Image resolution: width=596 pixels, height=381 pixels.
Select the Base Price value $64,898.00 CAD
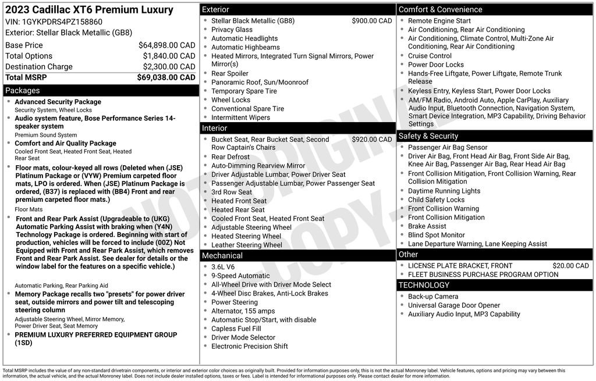(166, 45)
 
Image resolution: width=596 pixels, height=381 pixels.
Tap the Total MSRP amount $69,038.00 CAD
(166, 77)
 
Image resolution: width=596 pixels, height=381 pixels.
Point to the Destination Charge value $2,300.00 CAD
(169, 66)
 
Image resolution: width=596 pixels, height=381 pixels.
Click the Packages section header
(23, 91)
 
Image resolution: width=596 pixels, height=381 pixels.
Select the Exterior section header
(215, 9)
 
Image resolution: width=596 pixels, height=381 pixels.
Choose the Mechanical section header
(222, 255)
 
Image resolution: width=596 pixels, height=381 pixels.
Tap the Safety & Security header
(428, 136)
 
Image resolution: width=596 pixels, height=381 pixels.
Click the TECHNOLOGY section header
(424, 285)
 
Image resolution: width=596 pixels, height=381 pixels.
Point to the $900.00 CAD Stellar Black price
(372, 21)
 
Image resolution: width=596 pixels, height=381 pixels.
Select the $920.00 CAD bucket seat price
(372, 140)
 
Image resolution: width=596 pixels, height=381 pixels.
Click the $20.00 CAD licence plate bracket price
(570, 266)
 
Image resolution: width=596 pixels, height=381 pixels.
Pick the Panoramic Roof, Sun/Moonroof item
(260, 83)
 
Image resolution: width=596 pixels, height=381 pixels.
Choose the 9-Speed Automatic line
(240, 276)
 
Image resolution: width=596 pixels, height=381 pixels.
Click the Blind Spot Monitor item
(436, 235)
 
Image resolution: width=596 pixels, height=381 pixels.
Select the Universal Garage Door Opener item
(453, 305)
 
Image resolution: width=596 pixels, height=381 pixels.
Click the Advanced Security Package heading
(58, 102)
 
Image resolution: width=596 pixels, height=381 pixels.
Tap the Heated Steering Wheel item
(246, 236)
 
